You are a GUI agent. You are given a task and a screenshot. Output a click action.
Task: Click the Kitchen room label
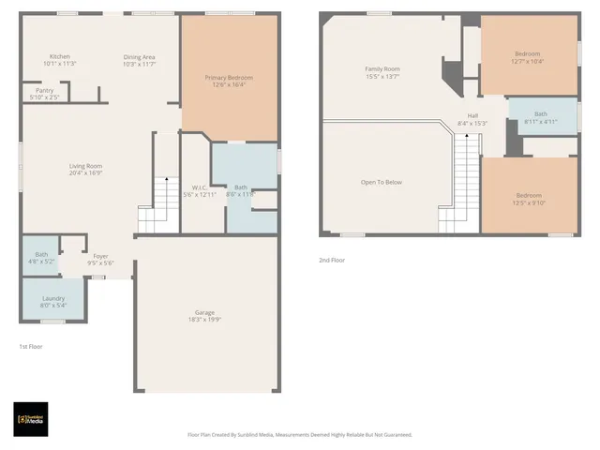coord(60,56)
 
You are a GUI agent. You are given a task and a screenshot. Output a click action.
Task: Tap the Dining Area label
coord(139,57)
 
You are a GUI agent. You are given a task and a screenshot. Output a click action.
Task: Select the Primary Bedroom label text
coord(229,78)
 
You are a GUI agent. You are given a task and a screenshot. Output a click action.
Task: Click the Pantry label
coord(44,90)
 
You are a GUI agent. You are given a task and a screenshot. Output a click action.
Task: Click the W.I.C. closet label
coord(200,187)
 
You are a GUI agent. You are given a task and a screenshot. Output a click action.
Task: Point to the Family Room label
coord(382,69)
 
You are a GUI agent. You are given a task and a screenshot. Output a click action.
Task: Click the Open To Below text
coord(382,182)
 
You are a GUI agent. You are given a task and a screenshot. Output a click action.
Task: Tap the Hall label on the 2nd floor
coord(472,116)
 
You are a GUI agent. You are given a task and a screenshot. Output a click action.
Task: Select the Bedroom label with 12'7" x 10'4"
coord(528,53)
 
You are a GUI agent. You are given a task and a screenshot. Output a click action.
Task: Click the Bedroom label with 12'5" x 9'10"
coord(528,196)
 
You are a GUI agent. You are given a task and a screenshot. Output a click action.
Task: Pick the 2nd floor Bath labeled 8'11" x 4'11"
coord(540,113)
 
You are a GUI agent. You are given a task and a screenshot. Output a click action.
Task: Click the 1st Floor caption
coord(30,346)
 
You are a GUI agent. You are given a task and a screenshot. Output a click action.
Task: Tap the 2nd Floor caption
coord(332,260)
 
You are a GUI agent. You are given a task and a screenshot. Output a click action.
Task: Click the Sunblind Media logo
coord(31,419)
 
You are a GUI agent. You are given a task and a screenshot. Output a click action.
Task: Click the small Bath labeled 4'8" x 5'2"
coord(41,254)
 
